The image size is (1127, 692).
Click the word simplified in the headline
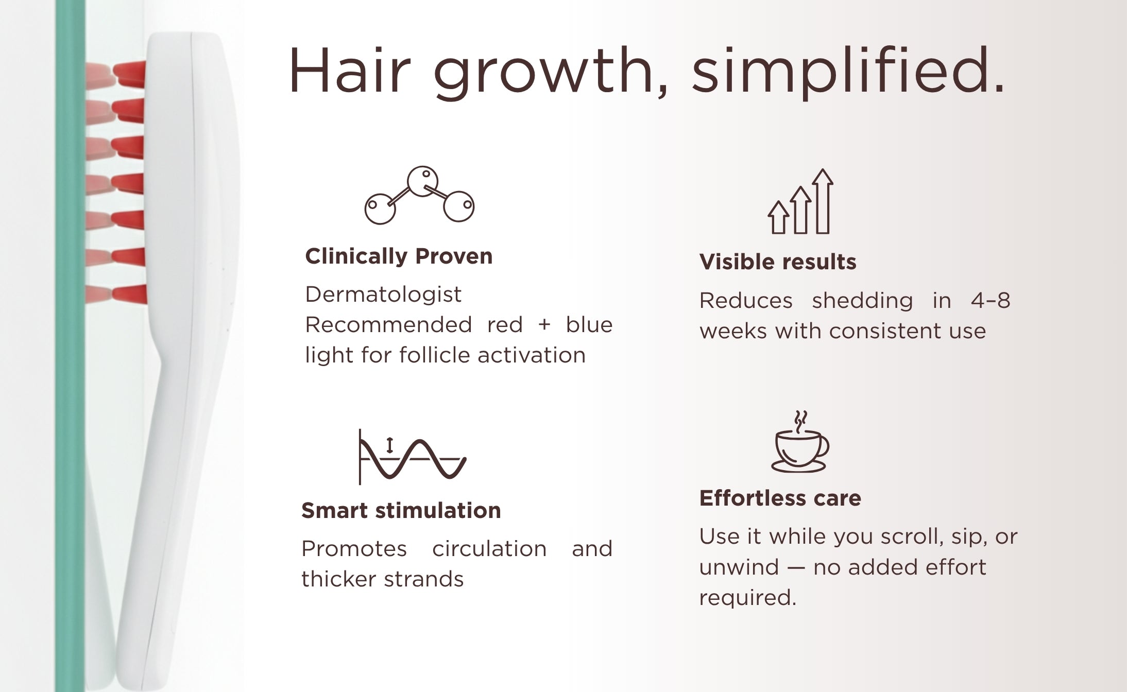pos(848,72)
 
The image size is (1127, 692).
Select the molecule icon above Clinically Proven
pos(419,195)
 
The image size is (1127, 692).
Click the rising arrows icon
pos(800,201)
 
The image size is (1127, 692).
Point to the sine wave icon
pos(412,457)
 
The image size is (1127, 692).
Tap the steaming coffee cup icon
pos(800,442)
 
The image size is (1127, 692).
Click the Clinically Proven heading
pos(399,256)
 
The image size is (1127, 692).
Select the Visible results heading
pos(778,262)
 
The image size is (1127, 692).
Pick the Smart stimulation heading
pos(401,510)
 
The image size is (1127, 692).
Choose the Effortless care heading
pos(780,498)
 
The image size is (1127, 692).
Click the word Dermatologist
pos(383,295)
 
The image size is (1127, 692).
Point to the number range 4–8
pos(991,300)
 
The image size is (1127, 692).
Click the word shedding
pos(862,301)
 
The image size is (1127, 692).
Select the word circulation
pos(489,548)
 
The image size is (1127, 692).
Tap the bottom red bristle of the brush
pos(129,295)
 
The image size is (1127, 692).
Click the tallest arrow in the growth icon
pos(823,201)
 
